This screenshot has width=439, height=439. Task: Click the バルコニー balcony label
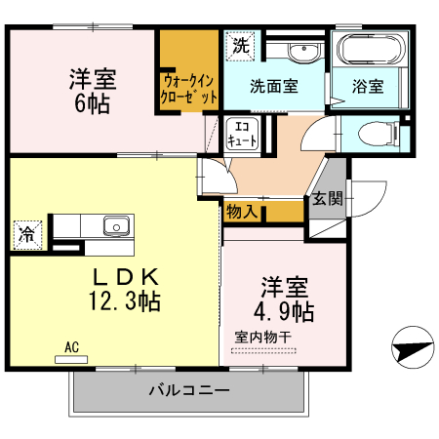pyautogui.click(x=189, y=390)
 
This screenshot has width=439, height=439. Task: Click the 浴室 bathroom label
pyautogui.click(x=368, y=85)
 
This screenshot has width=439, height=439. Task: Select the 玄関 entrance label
pyautogui.click(x=328, y=199)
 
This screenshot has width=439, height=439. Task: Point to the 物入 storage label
pyautogui.click(x=242, y=210)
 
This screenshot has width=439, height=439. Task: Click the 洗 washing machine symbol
pyautogui.click(x=240, y=44)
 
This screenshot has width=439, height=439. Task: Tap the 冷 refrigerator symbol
pyautogui.click(x=28, y=234)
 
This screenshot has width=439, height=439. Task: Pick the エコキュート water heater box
pyautogui.click(x=242, y=134)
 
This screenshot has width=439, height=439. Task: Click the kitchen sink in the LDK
pyautogui.click(x=115, y=226)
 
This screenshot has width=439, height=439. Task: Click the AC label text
pyautogui.click(x=71, y=346)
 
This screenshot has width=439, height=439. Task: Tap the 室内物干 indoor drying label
pyautogui.click(x=263, y=338)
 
